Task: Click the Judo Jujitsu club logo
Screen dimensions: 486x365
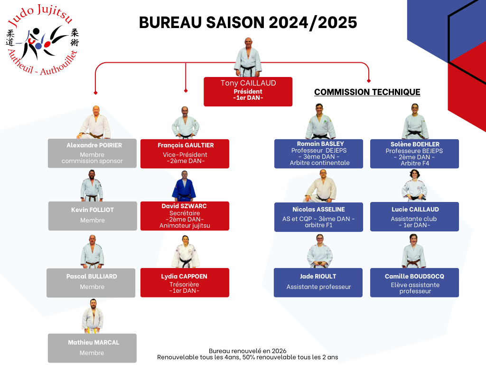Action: tap(42, 40)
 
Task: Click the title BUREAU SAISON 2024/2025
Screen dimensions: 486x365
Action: tap(248, 23)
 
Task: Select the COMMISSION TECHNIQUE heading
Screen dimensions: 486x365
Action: tap(367, 92)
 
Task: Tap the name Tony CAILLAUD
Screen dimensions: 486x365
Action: tap(248, 83)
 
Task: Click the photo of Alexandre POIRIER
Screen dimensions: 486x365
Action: tap(95, 122)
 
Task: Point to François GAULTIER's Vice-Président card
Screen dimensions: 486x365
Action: tap(185, 154)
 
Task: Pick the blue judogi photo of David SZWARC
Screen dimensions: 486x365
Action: tap(184, 186)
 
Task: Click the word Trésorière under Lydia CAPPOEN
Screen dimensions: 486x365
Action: tap(184, 284)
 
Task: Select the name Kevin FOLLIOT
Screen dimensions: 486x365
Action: tap(93, 210)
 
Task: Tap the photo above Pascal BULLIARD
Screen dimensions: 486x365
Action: tap(92, 251)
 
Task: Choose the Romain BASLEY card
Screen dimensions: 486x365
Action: tap(318, 154)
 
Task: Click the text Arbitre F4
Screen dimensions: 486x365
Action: tap(415, 163)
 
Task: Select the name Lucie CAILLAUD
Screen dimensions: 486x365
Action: tap(415, 210)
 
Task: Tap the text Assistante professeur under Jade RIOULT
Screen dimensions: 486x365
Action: tap(318, 287)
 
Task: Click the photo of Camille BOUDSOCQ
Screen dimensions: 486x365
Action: tap(414, 251)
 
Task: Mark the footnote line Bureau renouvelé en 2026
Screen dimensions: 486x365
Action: tap(247, 351)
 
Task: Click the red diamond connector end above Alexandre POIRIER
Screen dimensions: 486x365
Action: tap(95, 93)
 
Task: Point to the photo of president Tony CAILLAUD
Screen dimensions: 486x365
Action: tap(248, 57)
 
